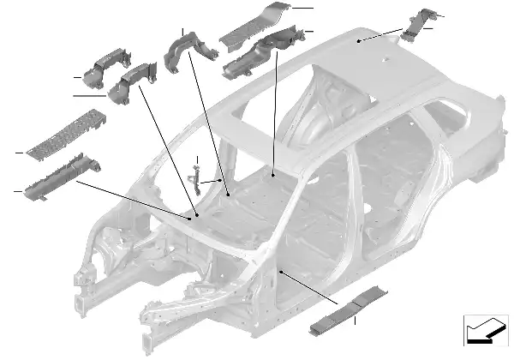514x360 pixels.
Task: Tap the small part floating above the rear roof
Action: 422,21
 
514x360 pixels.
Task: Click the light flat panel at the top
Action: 257,26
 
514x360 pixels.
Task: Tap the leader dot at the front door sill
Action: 280,272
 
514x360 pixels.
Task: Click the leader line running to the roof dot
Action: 381,35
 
